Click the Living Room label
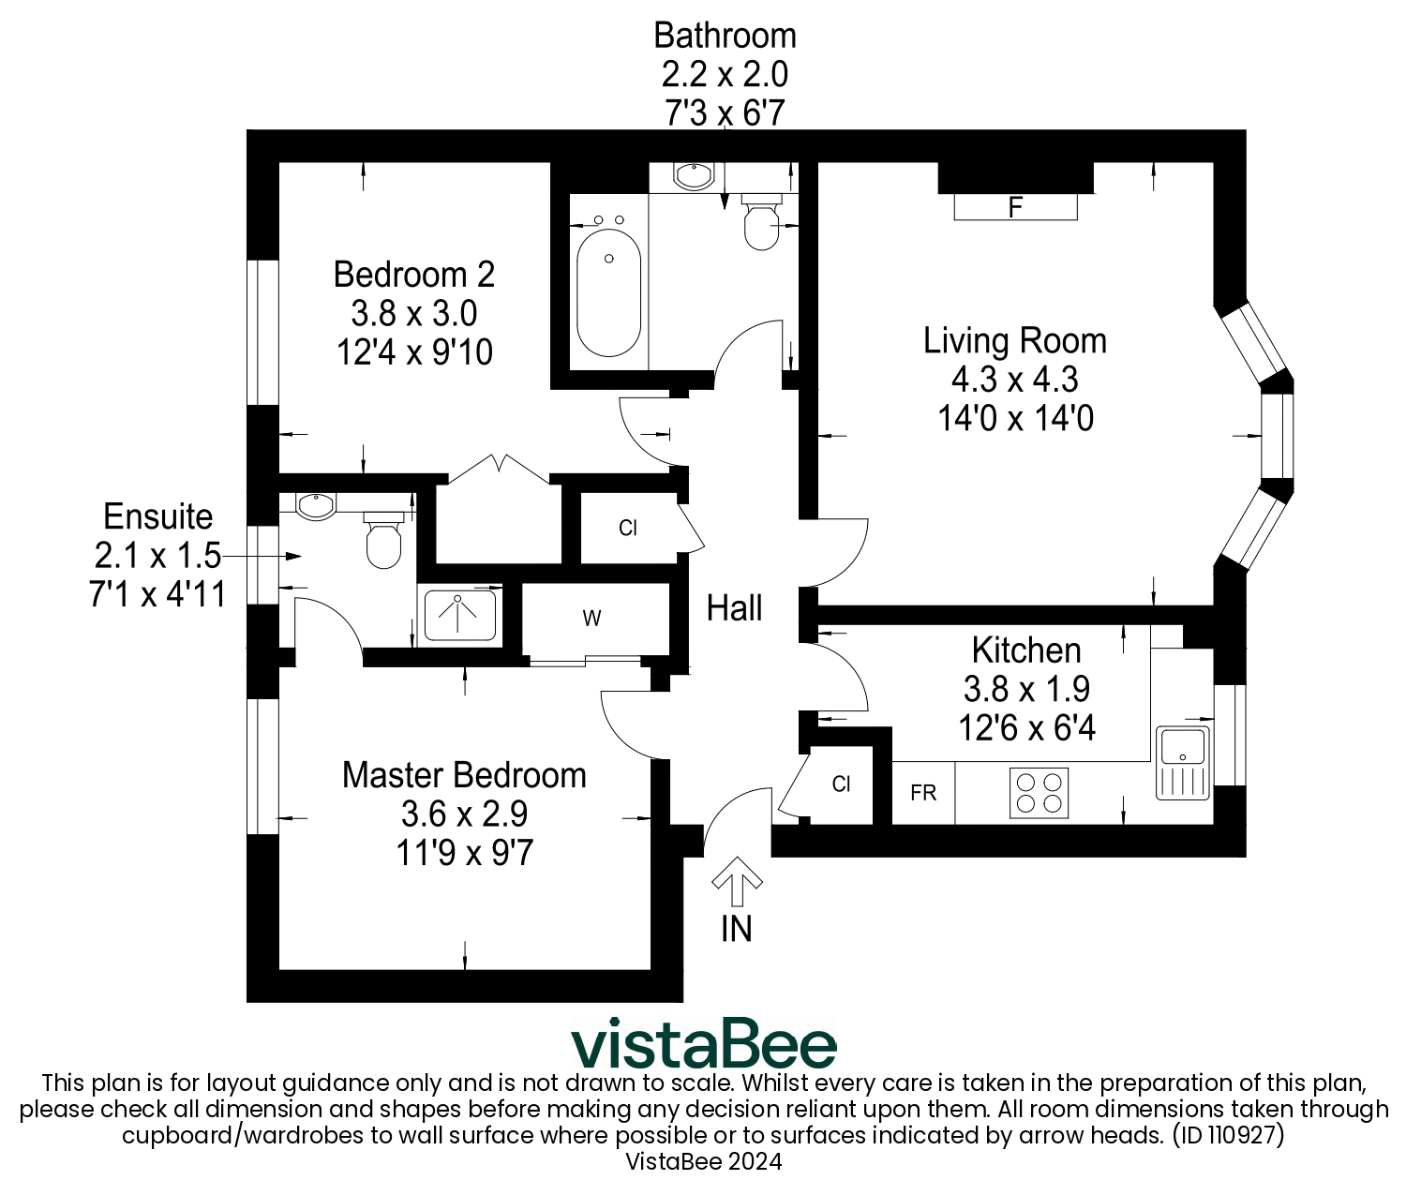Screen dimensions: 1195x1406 (x=1014, y=340)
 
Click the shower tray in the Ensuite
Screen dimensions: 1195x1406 (x=459, y=615)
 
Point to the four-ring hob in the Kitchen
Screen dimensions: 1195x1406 (x=1039, y=793)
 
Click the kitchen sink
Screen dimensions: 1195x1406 (x=1183, y=761)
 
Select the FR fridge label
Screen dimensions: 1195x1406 (x=923, y=794)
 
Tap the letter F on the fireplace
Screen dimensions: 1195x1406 (x=1015, y=207)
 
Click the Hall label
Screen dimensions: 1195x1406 (x=734, y=608)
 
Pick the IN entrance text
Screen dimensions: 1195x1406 (x=736, y=928)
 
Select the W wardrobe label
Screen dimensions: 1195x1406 (x=591, y=619)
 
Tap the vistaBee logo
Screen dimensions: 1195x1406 (x=703, y=1043)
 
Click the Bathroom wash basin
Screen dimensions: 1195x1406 (x=694, y=175)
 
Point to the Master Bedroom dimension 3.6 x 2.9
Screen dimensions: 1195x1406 (x=464, y=814)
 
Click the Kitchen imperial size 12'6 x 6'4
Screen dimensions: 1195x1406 (x=1026, y=728)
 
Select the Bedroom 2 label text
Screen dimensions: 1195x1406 (x=413, y=275)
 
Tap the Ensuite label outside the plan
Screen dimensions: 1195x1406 (x=157, y=516)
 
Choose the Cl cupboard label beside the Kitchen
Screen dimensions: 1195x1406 (x=841, y=784)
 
